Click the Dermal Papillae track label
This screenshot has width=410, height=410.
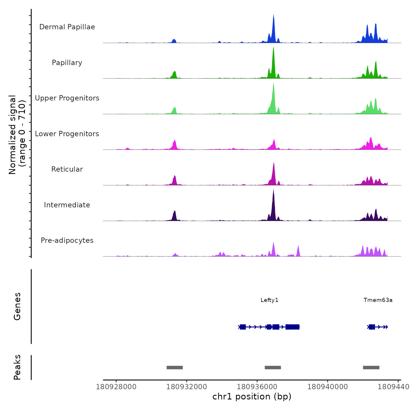click(67, 27)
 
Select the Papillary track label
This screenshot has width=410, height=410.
click(67, 63)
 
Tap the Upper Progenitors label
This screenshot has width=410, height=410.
click(67, 98)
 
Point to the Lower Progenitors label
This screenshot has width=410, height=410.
click(67, 134)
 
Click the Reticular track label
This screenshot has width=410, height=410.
click(67, 169)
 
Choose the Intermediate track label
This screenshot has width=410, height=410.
click(67, 205)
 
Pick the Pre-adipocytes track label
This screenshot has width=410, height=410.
click(67, 240)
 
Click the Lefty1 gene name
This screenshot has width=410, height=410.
click(269, 300)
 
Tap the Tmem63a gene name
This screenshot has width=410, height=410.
click(378, 300)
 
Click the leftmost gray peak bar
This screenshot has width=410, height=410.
click(175, 368)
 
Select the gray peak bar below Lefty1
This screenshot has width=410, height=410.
click(273, 368)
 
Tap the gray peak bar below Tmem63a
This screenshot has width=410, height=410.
click(371, 368)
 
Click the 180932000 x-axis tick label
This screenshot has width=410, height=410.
click(187, 387)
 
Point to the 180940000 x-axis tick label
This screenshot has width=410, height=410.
click(327, 387)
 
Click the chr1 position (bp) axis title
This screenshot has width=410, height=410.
click(252, 397)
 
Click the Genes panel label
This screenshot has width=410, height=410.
click(17, 306)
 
